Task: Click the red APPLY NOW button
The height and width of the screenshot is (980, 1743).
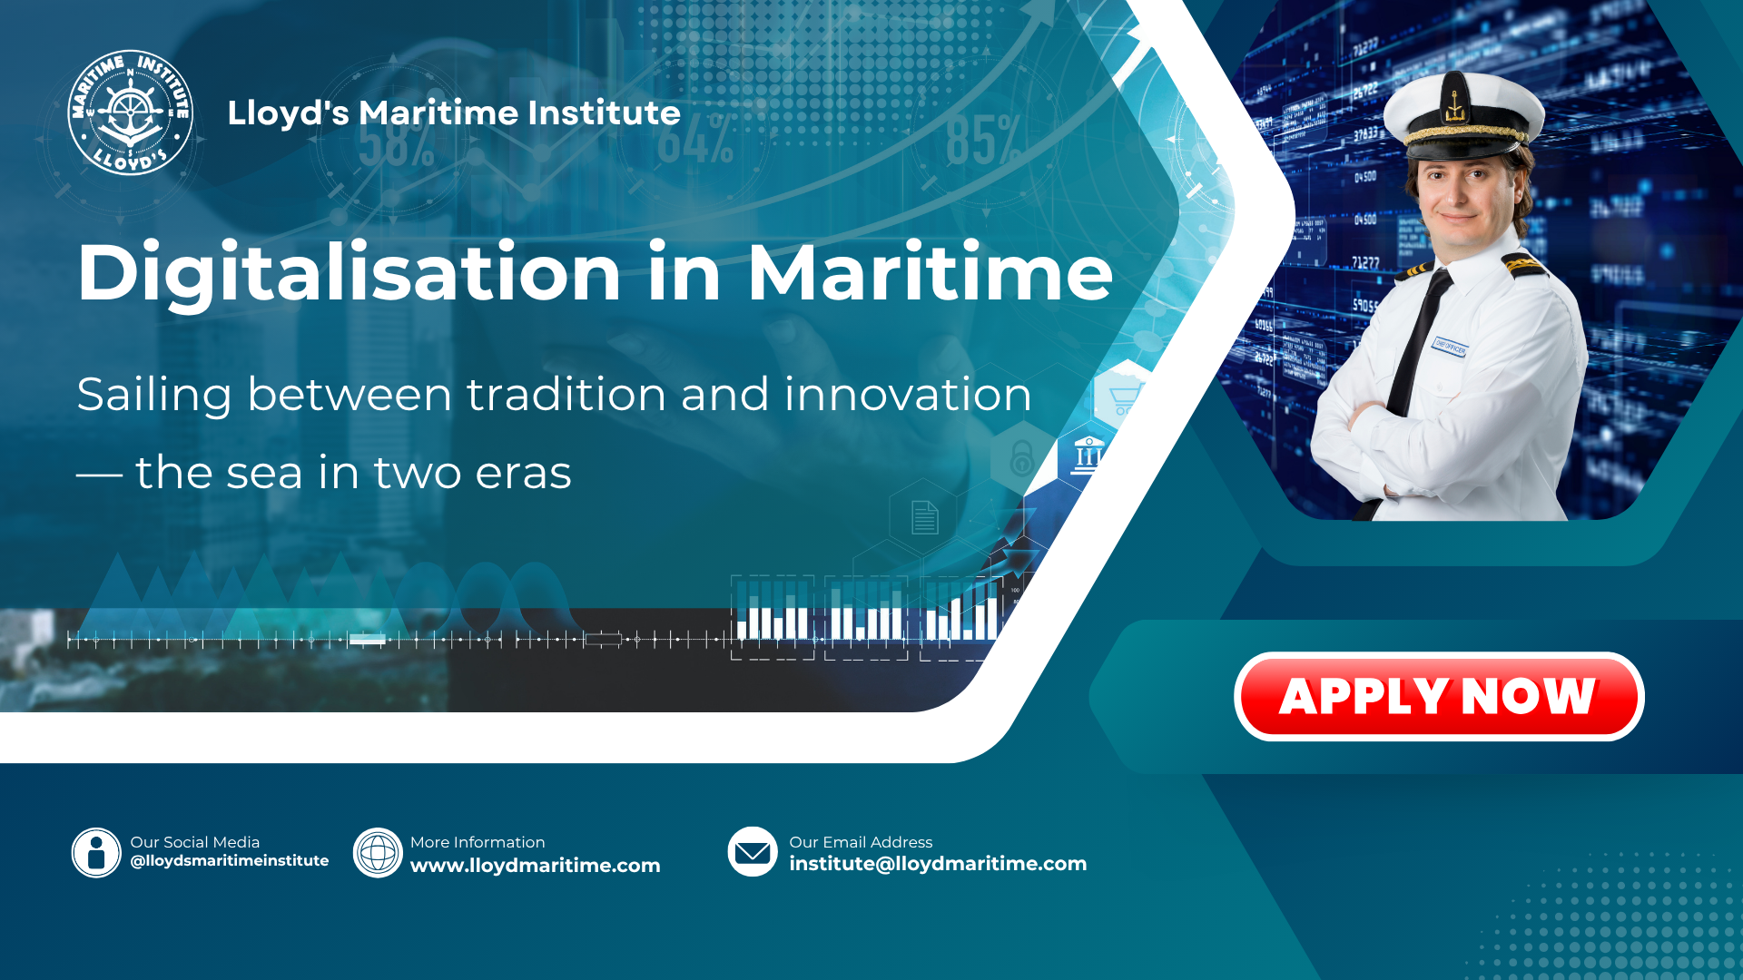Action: [x=1439, y=696]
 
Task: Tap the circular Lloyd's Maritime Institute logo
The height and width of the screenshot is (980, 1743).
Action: [x=131, y=113]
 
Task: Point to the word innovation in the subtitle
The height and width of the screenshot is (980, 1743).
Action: [x=908, y=395]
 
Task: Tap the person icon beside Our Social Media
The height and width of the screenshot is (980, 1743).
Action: [x=96, y=853]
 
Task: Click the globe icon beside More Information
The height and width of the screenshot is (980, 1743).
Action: [x=378, y=853]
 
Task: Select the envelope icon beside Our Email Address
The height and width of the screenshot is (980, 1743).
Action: [x=753, y=852]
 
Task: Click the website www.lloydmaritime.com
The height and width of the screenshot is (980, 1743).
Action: [x=536, y=866]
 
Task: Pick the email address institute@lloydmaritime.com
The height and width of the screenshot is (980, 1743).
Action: [x=938, y=864]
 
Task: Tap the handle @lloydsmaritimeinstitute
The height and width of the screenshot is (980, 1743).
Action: [x=230, y=860]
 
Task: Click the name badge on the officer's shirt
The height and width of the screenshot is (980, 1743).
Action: [x=1450, y=346]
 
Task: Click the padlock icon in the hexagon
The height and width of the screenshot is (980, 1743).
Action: [x=1022, y=458]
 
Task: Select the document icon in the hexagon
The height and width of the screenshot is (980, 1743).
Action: [x=925, y=518]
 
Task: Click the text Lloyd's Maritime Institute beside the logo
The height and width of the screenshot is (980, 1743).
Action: [x=454, y=113]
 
